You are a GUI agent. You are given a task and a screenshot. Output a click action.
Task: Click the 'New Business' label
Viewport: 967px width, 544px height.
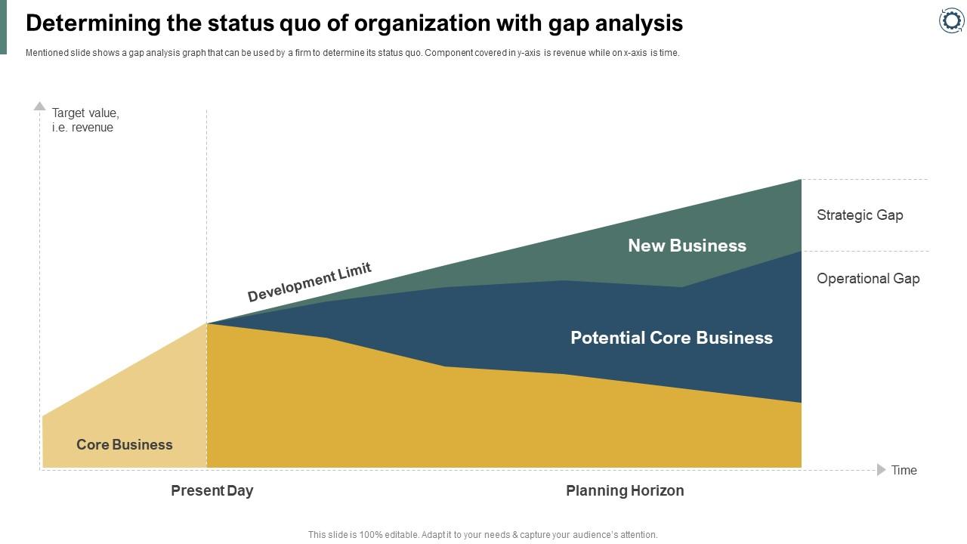[x=687, y=246]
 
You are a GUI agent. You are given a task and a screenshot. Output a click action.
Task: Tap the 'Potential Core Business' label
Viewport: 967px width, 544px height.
[x=671, y=338]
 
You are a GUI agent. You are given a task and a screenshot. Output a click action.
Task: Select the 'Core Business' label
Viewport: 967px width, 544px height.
[x=125, y=445]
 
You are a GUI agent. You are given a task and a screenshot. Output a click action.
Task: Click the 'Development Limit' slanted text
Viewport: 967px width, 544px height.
[x=309, y=283]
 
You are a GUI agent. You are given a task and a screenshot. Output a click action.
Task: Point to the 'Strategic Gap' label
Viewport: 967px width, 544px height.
[x=860, y=215]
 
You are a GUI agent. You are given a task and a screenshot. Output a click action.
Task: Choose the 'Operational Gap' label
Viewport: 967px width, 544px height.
[x=868, y=279]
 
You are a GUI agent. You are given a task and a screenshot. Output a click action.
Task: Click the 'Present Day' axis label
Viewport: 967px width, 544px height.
[x=212, y=491]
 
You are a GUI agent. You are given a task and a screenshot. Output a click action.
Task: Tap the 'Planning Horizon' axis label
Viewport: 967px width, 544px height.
[x=625, y=491]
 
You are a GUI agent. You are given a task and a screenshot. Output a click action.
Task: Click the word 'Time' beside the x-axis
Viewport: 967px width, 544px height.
[x=904, y=471]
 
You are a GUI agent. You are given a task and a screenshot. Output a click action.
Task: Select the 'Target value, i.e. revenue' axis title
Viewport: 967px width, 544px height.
[x=85, y=120]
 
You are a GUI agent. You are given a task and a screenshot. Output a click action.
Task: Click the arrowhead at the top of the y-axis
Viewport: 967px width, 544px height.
[x=40, y=107]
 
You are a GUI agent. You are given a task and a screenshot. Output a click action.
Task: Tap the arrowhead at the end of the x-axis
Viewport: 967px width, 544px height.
[x=881, y=470]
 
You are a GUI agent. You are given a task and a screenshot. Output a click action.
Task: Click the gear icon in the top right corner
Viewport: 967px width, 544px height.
[x=951, y=20]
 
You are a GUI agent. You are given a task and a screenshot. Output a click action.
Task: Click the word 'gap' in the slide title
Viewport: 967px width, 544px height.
[x=566, y=24]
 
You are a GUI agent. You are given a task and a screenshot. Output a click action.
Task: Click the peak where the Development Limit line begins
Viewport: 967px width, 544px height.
[x=207, y=323]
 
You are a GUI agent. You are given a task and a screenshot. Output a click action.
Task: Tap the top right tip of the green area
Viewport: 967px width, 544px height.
[x=800, y=181]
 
